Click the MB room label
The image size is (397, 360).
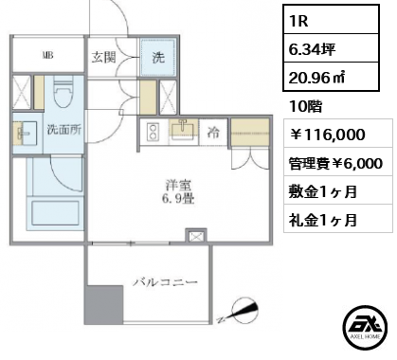48,56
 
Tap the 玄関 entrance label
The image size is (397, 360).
103,58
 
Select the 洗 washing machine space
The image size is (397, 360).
157,57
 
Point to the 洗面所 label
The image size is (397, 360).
64,130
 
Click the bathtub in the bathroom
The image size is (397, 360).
55,213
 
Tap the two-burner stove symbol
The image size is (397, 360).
153,132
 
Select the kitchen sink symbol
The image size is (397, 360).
184,130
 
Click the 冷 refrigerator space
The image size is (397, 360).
213,133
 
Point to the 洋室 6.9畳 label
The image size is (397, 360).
178,191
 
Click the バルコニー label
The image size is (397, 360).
165,281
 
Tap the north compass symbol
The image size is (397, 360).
243,310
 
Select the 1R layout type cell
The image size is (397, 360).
331,20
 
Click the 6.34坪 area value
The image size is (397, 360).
312,49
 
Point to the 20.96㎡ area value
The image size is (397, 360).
316,77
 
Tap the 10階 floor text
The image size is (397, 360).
305,107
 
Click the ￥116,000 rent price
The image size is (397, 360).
327,135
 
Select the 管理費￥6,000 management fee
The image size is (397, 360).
335,163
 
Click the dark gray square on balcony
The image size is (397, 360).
103,305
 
